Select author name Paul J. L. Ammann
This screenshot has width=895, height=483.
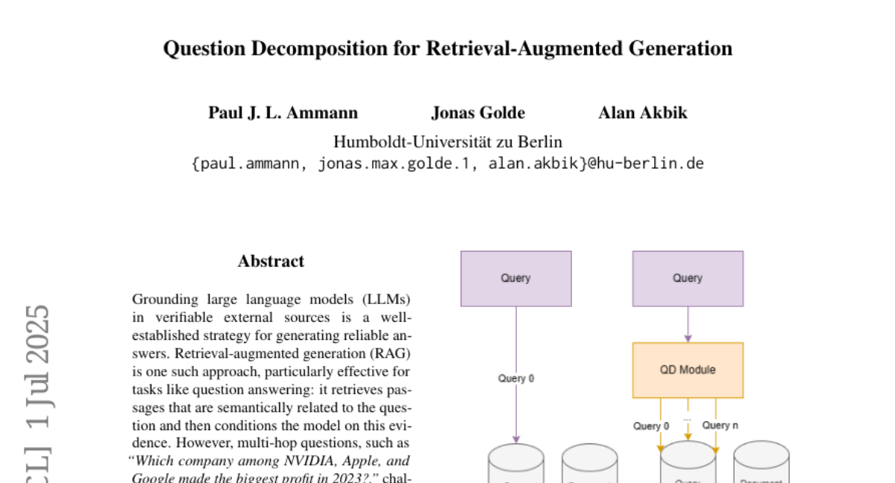click(283, 113)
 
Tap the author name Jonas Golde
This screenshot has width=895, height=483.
click(477, 113)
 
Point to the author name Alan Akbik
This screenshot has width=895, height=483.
click(642, 113)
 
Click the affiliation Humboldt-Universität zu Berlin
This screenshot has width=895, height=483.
click(447, 142)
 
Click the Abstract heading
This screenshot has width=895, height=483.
click(271, 262)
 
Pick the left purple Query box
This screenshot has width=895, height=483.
click(516, 279)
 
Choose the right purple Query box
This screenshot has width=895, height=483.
click(688, 279)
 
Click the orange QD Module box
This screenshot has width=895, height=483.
click(688, 370)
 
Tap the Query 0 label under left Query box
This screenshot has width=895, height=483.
click(516, 379)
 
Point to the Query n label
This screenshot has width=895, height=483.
click(720, 426)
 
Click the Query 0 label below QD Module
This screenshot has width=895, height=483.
click(651, 426)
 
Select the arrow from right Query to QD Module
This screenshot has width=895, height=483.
click(688, 324)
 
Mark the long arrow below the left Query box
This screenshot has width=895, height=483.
click(516, 343)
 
